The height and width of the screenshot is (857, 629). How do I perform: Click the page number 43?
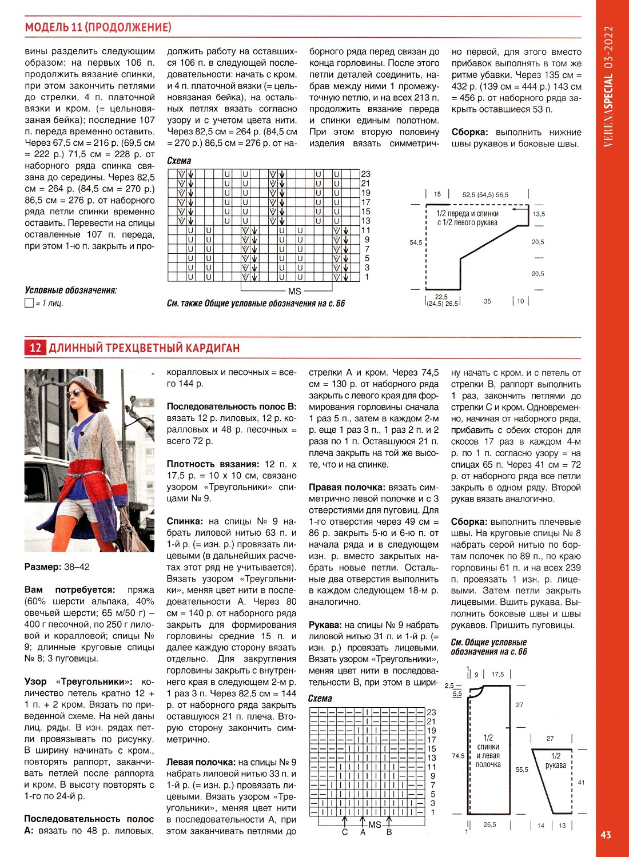tap(606, 835)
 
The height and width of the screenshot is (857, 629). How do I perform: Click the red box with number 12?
tap(35, 348)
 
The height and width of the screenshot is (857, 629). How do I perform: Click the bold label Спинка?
tap(185, 521)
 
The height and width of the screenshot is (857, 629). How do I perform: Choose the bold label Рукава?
tap(325, 625)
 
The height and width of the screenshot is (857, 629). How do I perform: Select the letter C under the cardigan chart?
tap(345, 832)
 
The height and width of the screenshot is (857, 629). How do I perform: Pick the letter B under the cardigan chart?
tap(389, 832)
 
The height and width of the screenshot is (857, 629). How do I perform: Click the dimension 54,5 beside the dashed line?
tap(416, 242)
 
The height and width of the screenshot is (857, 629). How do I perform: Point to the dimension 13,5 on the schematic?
tap(539, 214)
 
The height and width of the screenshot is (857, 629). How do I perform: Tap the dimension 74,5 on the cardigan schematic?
tap(458, 756)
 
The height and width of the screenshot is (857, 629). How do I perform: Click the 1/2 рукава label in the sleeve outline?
tap(555, 760)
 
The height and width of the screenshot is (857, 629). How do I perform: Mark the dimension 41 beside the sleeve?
tap(581, 782)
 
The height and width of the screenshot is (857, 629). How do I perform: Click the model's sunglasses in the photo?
tap(74, 394)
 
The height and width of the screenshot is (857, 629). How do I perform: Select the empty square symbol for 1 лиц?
tap(29, 303)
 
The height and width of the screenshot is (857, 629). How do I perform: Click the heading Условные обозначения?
tap(70, 290)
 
